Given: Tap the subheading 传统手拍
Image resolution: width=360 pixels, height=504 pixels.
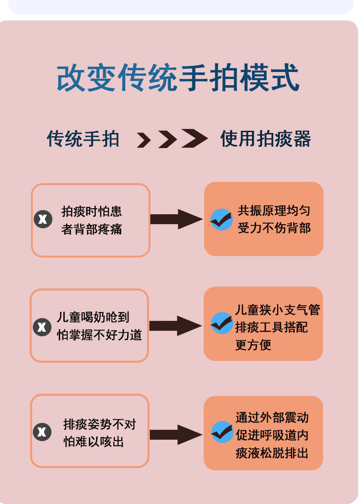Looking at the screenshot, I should click(83, 139).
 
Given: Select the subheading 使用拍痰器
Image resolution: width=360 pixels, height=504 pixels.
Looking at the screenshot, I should click(266, 139).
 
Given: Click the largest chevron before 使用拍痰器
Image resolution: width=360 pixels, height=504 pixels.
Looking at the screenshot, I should click(195, 138).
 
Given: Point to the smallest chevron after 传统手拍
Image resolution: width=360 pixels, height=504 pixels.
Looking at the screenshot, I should click(144, 140).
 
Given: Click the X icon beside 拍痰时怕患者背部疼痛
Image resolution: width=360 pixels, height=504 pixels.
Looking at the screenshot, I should click(43, 220).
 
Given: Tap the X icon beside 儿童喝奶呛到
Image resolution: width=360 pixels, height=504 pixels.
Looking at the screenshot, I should click(42, 326).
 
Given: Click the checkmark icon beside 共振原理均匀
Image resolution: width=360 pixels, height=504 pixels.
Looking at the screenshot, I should click(221, 220).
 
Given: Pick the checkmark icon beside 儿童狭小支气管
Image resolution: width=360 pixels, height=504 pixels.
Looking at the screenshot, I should click(221, 323).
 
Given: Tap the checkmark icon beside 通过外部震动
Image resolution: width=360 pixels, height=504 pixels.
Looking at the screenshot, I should click(222, 432).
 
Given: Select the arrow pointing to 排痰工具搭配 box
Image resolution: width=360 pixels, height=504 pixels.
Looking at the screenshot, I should click(175, 326).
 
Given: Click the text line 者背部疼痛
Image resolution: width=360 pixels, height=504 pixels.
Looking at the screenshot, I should click(92, 229).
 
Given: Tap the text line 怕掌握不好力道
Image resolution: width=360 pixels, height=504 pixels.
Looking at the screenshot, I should click(99, 335).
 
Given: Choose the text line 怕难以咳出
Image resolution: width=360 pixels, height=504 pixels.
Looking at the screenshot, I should click(93, 442).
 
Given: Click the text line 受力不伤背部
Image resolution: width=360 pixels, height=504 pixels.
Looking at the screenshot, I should click(274, 228).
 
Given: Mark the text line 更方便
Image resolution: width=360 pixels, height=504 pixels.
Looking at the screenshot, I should click(253, 345).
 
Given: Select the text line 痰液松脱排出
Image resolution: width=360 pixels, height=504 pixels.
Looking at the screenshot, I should click(272, 453).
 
